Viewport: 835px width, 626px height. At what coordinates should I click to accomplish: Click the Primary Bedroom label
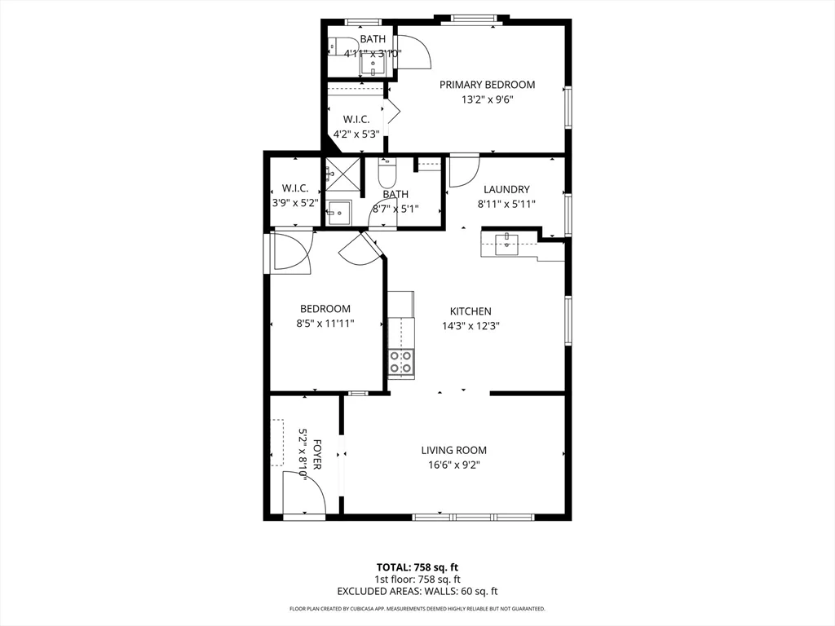487,85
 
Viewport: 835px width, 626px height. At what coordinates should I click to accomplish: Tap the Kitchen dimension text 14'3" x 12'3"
471,325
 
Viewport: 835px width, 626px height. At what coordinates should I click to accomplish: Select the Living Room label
453,450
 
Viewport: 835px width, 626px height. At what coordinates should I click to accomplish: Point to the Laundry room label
506,189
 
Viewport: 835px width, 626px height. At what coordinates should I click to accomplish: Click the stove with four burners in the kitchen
400,362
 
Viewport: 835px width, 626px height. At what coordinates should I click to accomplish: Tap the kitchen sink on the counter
507,241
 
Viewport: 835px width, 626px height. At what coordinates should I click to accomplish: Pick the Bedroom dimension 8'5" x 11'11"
325,323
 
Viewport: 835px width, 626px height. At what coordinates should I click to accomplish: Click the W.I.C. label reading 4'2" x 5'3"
356,134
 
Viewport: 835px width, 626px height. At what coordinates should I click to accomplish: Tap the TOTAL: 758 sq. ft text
417,567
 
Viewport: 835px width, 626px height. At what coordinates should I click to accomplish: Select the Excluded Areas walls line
417,591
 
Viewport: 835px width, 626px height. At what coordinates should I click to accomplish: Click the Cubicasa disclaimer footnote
417,609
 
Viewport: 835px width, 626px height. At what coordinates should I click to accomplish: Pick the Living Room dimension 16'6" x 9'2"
453,465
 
